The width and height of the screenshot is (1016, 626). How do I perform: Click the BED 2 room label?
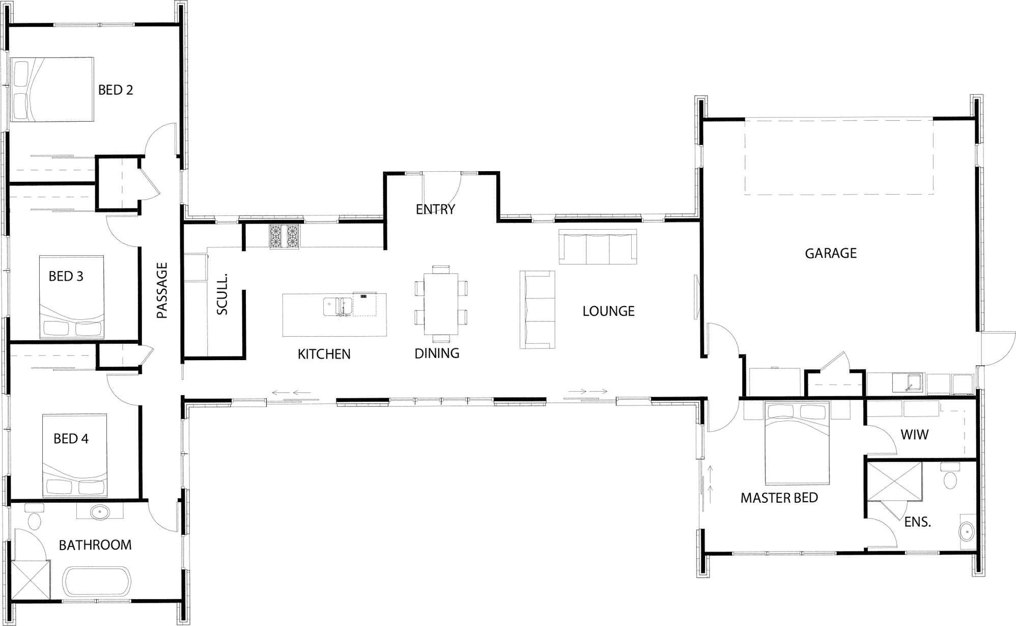(116, 90)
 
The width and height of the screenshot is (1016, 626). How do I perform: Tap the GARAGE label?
(831, 253)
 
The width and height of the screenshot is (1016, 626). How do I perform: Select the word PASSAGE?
(162, 291)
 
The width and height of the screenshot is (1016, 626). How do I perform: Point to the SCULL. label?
(222, 294)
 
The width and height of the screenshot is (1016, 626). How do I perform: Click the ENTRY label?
(435, 209)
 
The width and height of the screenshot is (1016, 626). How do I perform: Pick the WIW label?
(915, 434)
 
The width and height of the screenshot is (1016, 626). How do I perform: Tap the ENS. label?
(918, 522)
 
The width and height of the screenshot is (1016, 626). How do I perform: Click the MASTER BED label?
(779, 498)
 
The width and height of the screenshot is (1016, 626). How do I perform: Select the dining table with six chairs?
(441, 304)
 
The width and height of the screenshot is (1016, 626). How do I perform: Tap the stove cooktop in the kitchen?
(285, 237)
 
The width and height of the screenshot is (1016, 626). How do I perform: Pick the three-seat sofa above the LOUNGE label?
(598, 247)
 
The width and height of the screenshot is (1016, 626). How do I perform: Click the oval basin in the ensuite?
(966, 532)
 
